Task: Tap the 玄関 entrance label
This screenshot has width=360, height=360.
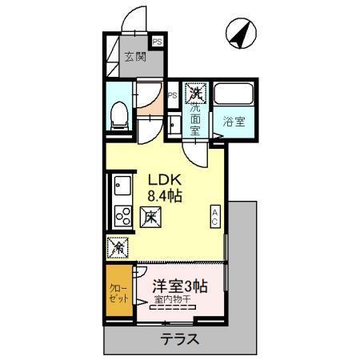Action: tap(134, 57)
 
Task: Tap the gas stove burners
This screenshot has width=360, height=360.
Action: tap(123, 215)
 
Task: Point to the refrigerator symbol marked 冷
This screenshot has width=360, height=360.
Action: tap(117, 247)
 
